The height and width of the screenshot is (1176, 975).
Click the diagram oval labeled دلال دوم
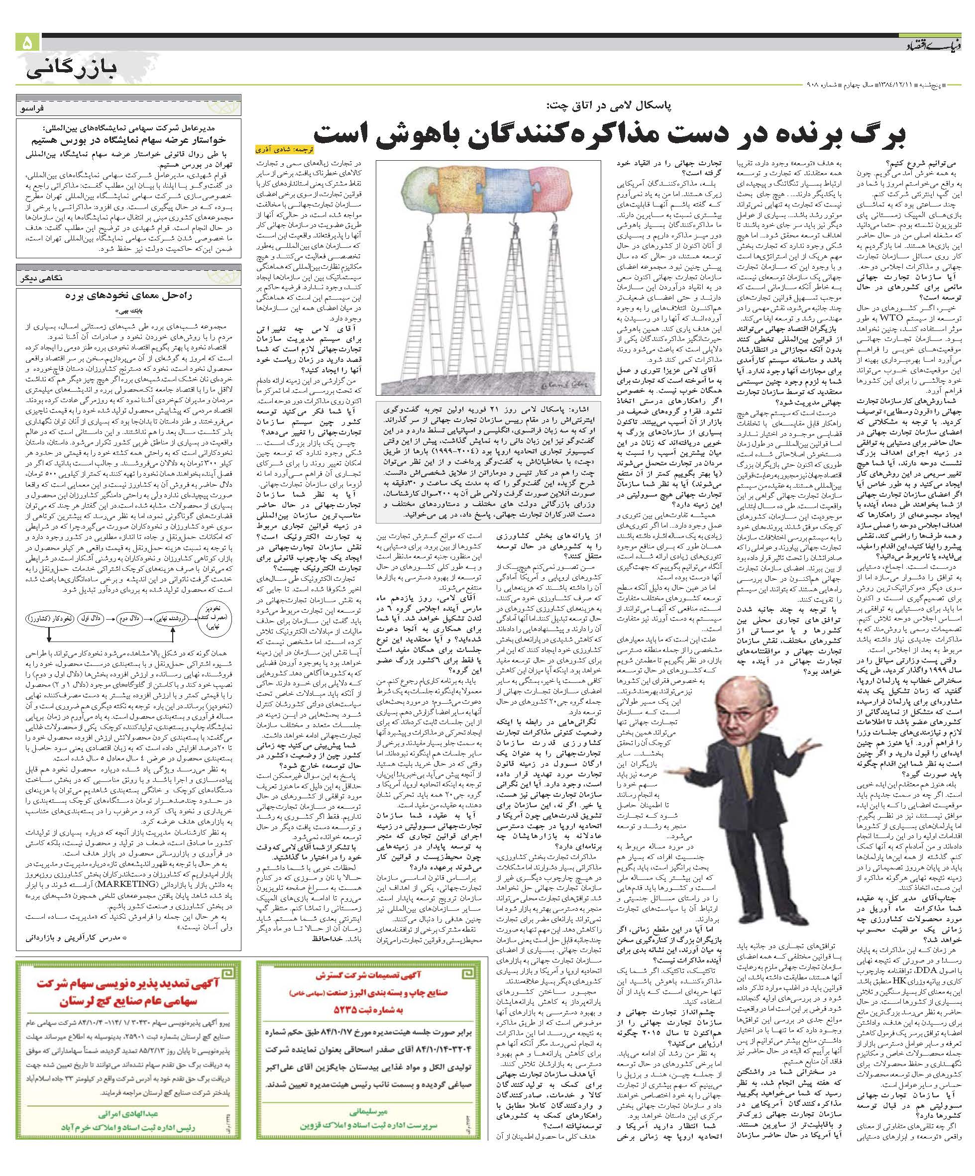pos(130,618)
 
